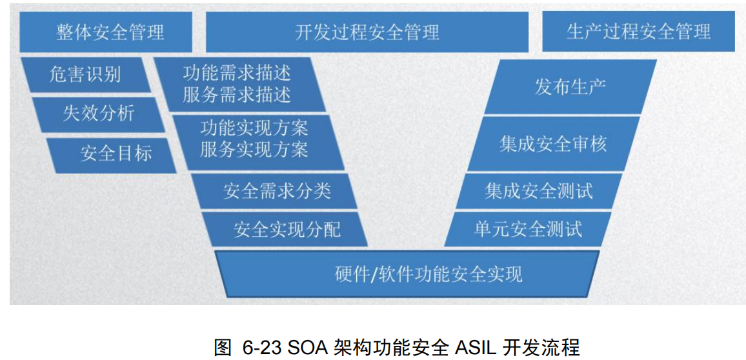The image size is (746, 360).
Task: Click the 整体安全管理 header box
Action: [106, 32]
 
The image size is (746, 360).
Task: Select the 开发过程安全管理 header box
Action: [367, 32]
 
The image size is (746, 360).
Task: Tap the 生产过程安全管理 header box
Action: [638, 32]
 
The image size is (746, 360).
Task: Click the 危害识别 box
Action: [85, 74]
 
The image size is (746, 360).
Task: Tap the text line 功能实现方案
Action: [254, 128]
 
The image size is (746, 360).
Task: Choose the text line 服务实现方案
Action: [254, 150]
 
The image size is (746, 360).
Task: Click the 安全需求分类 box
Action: [277, 191]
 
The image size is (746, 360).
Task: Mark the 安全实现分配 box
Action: [287, 229]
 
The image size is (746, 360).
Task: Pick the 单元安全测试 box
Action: [528, 229]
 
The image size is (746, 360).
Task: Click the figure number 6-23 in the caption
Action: [259, 347]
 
